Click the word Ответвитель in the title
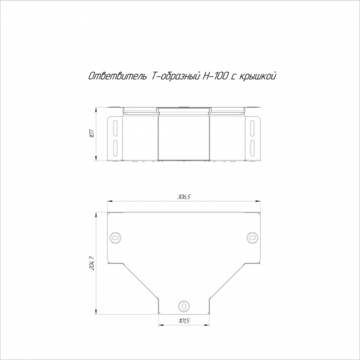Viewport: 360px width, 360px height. click(118, 76)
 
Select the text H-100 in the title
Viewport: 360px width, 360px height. click(215, 76)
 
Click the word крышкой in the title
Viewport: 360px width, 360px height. click(257, 76)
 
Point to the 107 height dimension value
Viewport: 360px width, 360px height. click(91, 133)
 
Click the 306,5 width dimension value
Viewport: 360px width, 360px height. click(184, 197)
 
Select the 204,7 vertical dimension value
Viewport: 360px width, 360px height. click(91, 263)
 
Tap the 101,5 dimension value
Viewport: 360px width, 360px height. click(184, 320)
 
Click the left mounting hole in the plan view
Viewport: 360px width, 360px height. click(115, 238)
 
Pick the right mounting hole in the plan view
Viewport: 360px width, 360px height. click(252, 238)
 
